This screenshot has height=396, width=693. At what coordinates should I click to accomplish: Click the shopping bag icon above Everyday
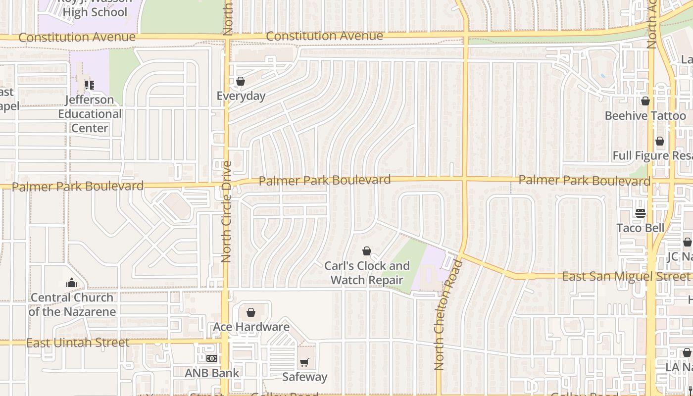click(241, 81)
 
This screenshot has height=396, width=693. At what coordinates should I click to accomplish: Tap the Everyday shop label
click(241, 96)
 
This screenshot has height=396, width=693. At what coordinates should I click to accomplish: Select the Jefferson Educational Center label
click(90, 114)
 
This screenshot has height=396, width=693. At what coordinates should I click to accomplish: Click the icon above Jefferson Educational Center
click(89, 85)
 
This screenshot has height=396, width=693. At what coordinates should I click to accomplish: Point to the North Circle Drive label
click(227, 211)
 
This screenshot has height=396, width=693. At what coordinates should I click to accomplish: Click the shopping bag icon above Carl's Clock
click(367, 251)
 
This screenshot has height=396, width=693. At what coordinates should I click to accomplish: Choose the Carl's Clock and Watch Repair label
click(367, 273)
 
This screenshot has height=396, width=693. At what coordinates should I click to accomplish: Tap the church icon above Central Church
click(72, 283)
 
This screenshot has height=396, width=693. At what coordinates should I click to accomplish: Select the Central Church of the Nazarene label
click(72, 304)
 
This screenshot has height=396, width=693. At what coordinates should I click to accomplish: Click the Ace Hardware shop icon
click(251, 312)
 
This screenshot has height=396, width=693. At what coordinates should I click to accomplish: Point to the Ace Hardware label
click(251, 327)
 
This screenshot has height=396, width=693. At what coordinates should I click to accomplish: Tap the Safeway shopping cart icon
click(304, 363)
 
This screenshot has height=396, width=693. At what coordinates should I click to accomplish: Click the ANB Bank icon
click(212, 358)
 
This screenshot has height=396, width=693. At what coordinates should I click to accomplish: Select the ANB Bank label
click(212, 373)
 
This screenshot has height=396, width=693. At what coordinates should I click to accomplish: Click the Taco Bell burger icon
click(641, 213)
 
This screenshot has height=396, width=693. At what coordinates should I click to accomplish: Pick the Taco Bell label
click(641, 228)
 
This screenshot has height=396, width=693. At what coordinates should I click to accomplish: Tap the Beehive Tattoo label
click(645, 116)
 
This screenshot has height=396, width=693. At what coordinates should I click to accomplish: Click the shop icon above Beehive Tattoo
click(645, 101)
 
